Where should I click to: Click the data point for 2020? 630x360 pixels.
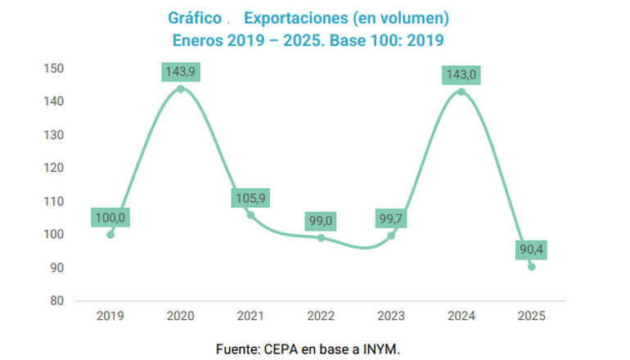pos(180,88)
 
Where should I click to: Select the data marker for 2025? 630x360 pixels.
pos(531,266)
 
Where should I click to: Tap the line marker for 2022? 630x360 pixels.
pos(321,237)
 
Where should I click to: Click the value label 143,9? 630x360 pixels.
pos(180,71)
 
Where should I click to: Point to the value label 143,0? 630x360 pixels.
pos(461,75)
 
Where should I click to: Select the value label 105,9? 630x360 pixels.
pos(250,198)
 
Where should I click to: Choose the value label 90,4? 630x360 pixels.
pos(531,249)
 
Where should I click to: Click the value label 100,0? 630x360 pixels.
pos(110,218)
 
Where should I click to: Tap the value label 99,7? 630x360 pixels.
pos(391,218)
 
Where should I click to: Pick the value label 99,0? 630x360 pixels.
pos(321,221)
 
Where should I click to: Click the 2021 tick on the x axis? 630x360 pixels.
pos(250,315)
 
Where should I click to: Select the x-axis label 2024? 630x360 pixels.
pos(461,315)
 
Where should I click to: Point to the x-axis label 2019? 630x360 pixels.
pos(110,315)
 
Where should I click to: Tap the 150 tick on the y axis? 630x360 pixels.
pos(54,68)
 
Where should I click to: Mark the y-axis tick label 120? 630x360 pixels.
pos(54,168)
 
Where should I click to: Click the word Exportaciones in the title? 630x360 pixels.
pos(286,17)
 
